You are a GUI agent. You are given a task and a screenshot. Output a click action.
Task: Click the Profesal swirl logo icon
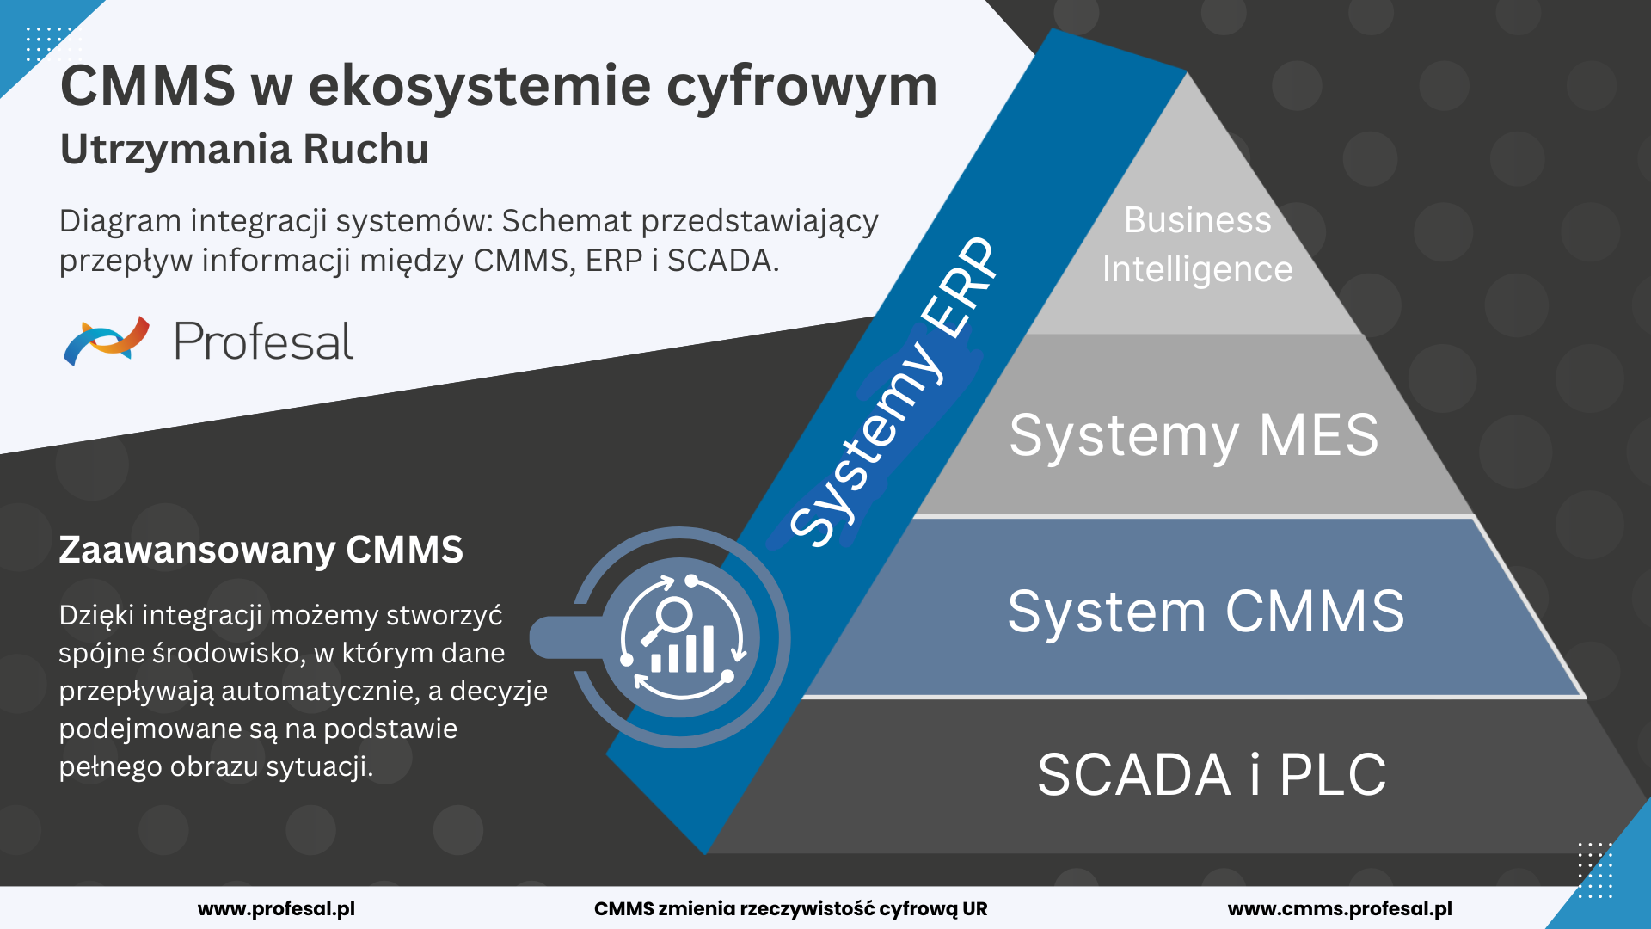[x=107, y=341]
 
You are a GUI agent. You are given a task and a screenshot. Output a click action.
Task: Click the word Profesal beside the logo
[x=263, y=341]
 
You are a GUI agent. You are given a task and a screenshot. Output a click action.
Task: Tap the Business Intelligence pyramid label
[x=1197, y=244]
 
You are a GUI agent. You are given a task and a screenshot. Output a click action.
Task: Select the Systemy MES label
[x=1194, y=435]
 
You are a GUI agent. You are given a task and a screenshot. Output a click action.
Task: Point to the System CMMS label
[x=1206, y=612]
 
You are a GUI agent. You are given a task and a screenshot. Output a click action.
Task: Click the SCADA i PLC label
[x=1212, y=774]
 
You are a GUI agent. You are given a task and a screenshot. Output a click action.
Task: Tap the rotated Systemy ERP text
[x=894, y=392]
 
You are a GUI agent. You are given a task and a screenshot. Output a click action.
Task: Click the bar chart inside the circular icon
[x=683, y=651]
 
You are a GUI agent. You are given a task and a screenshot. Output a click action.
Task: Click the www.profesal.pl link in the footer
[x=276, y=908]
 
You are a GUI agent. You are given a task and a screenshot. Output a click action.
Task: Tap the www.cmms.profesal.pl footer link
[x=1339, y=908]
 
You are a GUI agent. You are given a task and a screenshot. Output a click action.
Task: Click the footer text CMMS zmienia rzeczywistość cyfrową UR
[x=790, y=908]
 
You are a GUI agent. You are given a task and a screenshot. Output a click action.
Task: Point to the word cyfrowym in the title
[x=801, y=87]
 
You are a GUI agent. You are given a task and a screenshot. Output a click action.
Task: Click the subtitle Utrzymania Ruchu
[x=244, y=149]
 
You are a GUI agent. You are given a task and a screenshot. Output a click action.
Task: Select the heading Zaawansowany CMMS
[x=261, y=550]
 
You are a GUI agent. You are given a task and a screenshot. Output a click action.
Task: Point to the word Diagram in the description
[x=120, y=221]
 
